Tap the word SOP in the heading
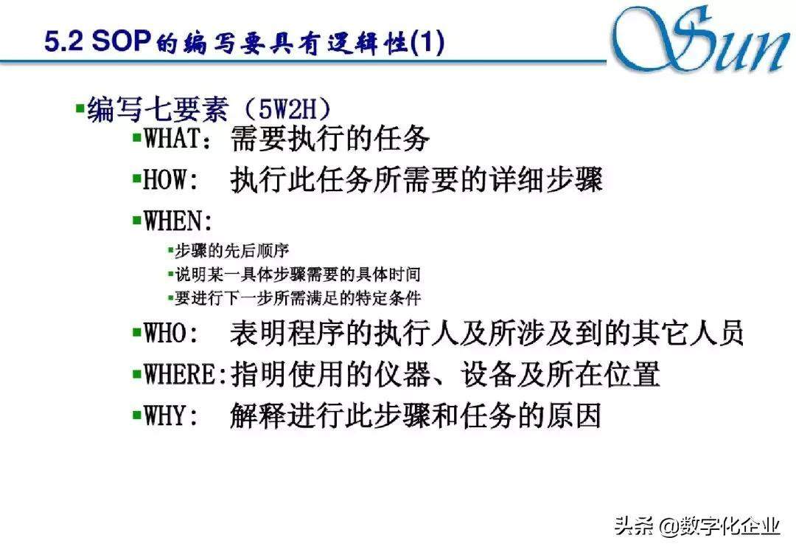point(122,41)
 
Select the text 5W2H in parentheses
point(287,108)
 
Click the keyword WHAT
point(173,138)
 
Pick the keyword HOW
point(165,179)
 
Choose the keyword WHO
point(166,333)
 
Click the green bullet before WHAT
point(136,137)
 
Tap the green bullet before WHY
point(136,414)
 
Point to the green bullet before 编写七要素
point(80,107)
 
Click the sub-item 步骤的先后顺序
point(232,251)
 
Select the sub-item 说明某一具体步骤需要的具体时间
point(298,275)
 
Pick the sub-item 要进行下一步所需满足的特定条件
point(298,298)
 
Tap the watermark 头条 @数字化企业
point(697,525)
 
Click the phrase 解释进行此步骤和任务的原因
point(415,415)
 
